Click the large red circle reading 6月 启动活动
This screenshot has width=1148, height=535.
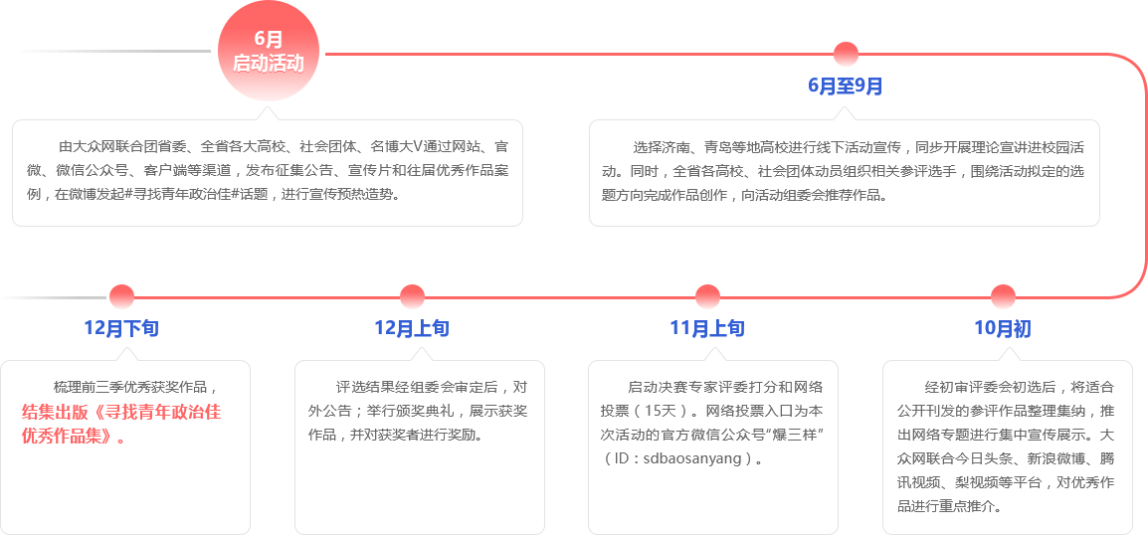point(268,51)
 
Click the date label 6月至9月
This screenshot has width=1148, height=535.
point(845,87)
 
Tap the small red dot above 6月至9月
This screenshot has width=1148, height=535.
point(846,54)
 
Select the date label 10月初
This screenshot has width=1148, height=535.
point(1002,329)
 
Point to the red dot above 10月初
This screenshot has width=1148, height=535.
point(1003,296)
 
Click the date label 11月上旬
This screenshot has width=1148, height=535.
point(706,329)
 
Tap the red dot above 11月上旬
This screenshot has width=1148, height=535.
point(707,296)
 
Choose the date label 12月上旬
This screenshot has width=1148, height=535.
point(411,329)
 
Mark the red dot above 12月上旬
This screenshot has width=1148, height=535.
point(412,296)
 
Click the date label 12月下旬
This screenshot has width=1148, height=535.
point(120,329)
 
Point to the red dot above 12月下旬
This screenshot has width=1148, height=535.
point(121,296)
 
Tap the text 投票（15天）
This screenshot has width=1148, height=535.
point(648,411)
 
